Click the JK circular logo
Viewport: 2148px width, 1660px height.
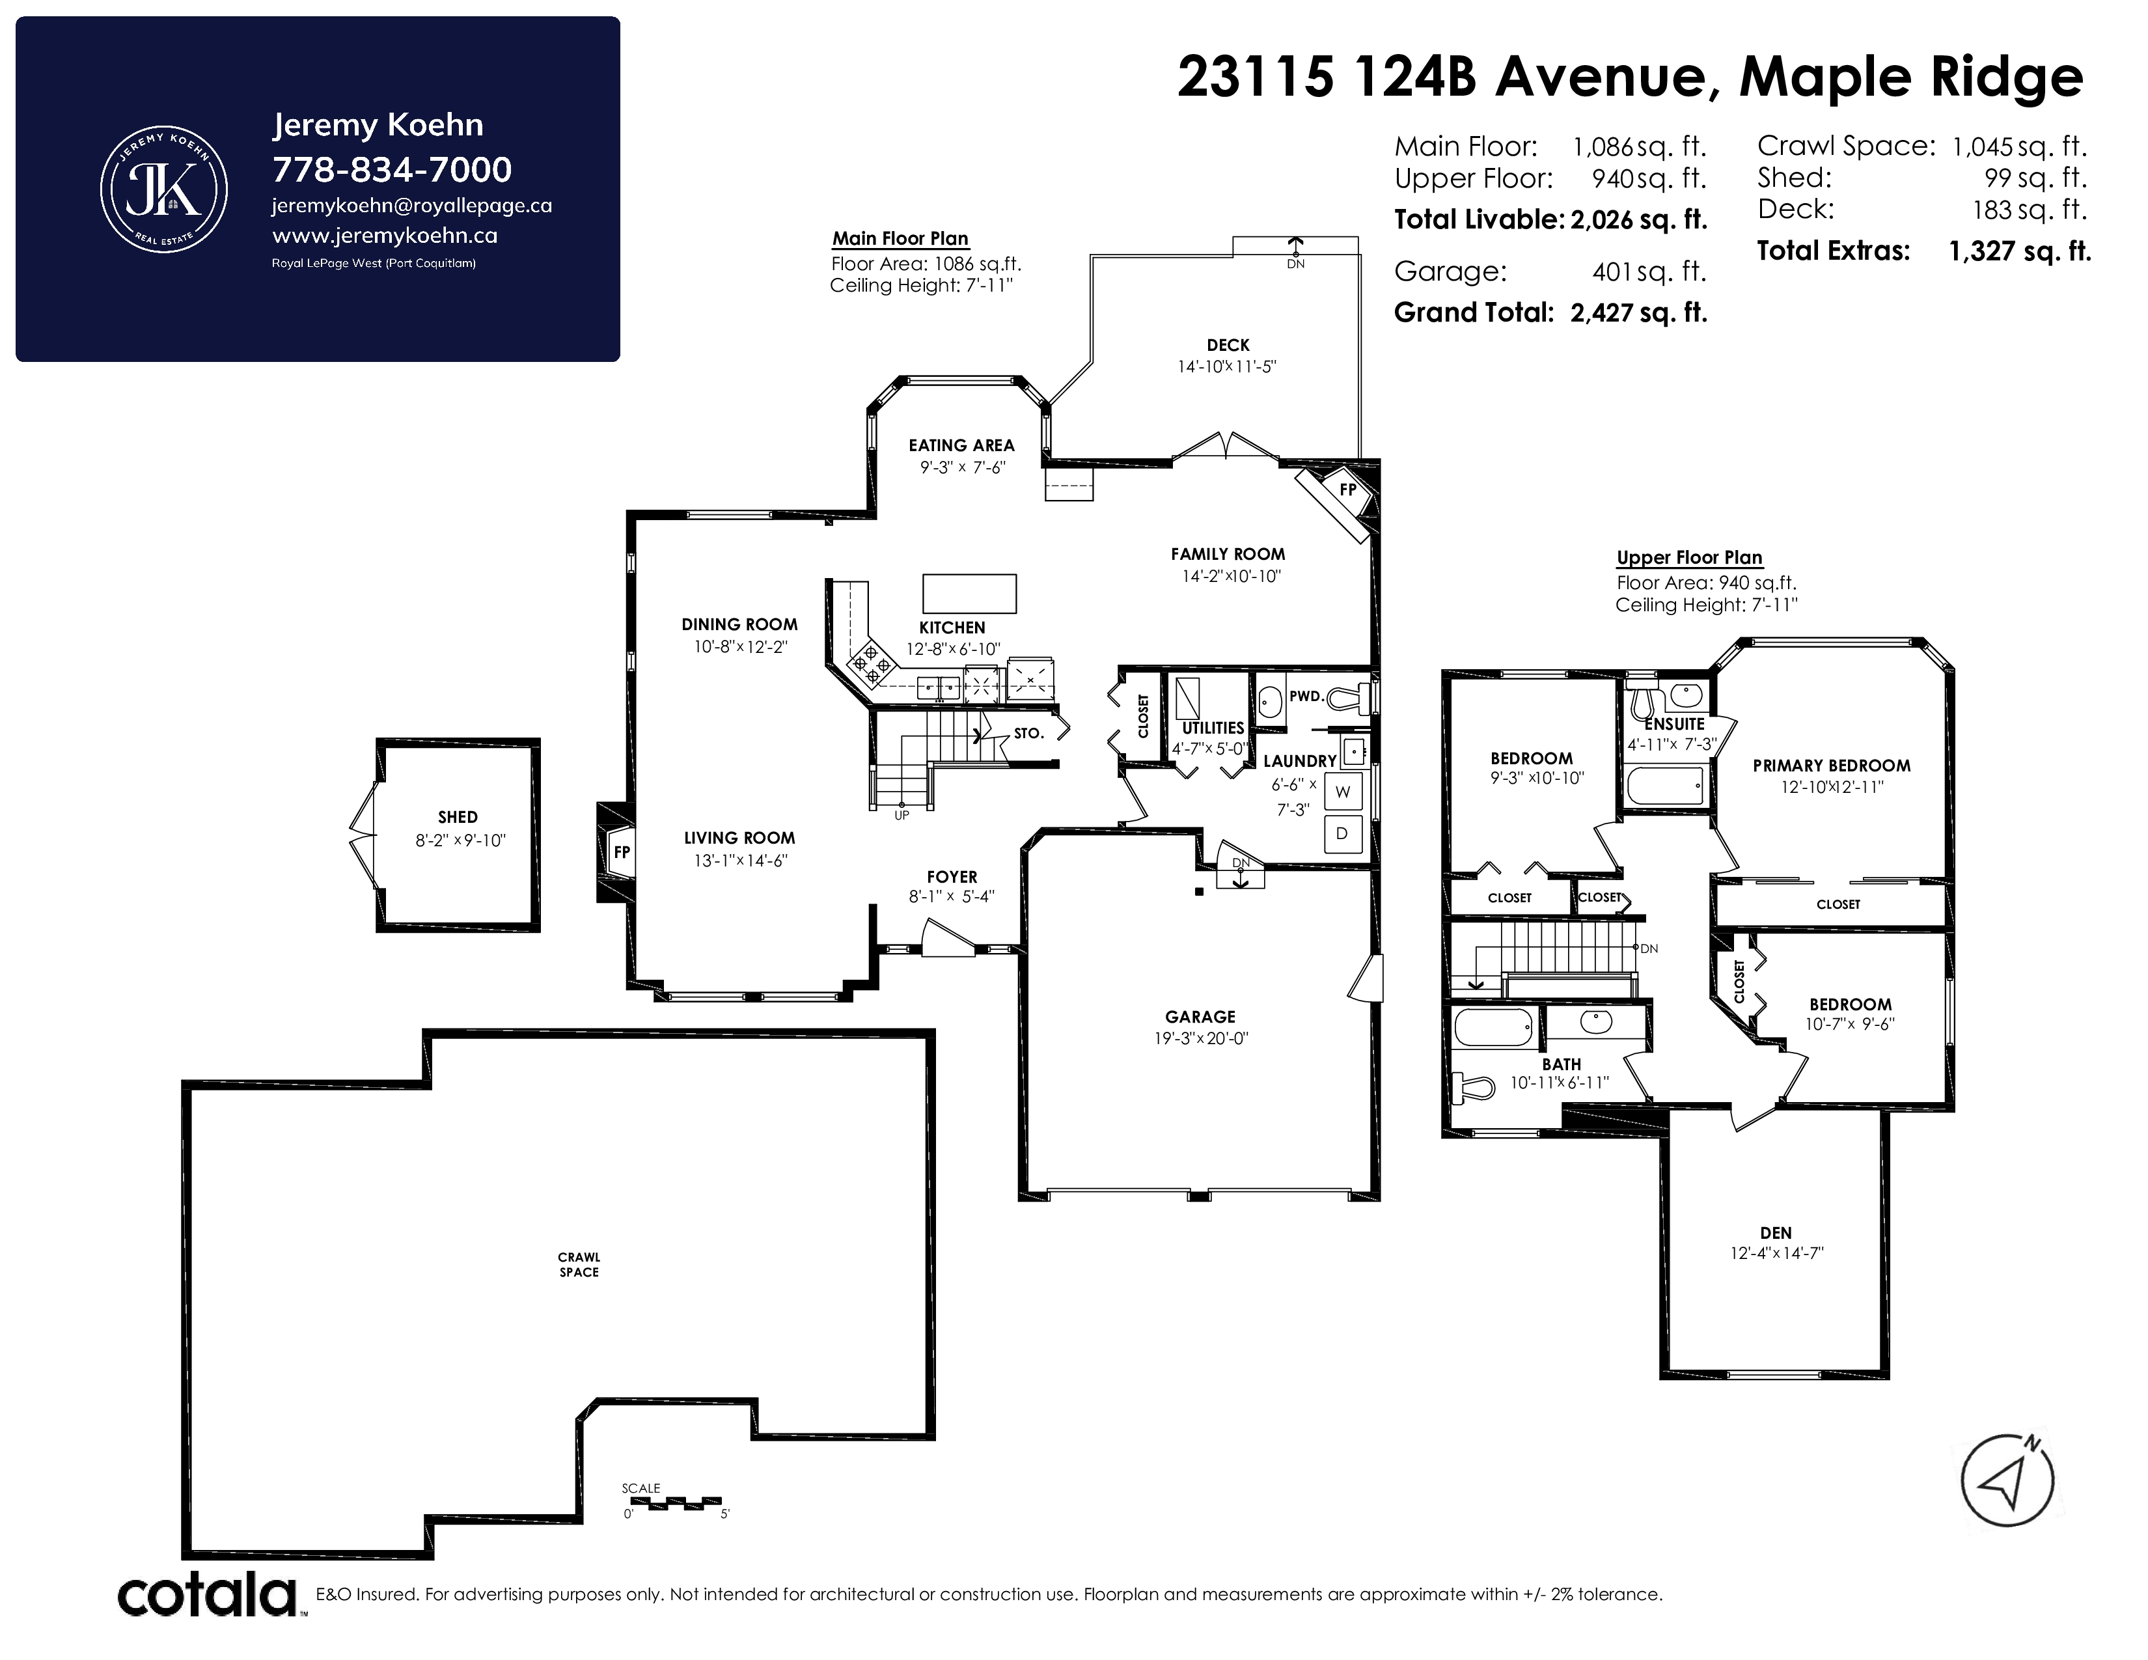[164, 189]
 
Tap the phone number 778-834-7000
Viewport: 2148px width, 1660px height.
[391, 170]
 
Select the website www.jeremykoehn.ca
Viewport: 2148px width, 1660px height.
[385, 236]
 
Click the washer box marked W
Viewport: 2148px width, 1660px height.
[1342, 792]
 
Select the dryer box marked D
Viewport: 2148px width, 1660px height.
[1342, 834]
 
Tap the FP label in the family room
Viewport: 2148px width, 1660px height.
[1347, 489]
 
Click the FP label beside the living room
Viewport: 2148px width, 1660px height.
[622, 851]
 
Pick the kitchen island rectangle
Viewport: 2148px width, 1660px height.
[969, 594]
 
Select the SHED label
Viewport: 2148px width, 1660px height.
[458, 817]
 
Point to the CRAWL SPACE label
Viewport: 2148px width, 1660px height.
[579, 1265]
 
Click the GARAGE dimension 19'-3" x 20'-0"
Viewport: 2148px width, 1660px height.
[1201, 1038]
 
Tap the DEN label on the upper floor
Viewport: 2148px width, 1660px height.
[1776, 1233]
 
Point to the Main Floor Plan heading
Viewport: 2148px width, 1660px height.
[900, 238]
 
